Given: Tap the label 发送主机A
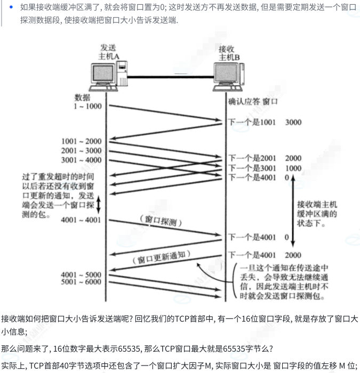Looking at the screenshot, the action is click(x=109, y=52).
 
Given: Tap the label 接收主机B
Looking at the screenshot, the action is click(x=229, y=53).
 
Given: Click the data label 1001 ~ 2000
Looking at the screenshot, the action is click(x=81, y=141).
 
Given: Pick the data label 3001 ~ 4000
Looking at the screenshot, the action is click(x=81, y=160).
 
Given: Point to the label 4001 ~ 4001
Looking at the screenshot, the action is click(x=81, y=220).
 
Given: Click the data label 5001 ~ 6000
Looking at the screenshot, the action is click(x=81, y=282).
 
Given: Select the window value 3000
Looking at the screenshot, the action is click(x=293, y=123).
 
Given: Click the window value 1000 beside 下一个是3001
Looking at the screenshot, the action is click(x=293, y=168).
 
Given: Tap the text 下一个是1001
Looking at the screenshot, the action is click(x=252, y=123).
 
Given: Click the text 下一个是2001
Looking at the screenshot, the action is click(x=252, y=158).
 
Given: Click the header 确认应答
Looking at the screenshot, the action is click(x=243, y=101).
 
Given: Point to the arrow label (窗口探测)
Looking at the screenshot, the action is click(x=160, y=220).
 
